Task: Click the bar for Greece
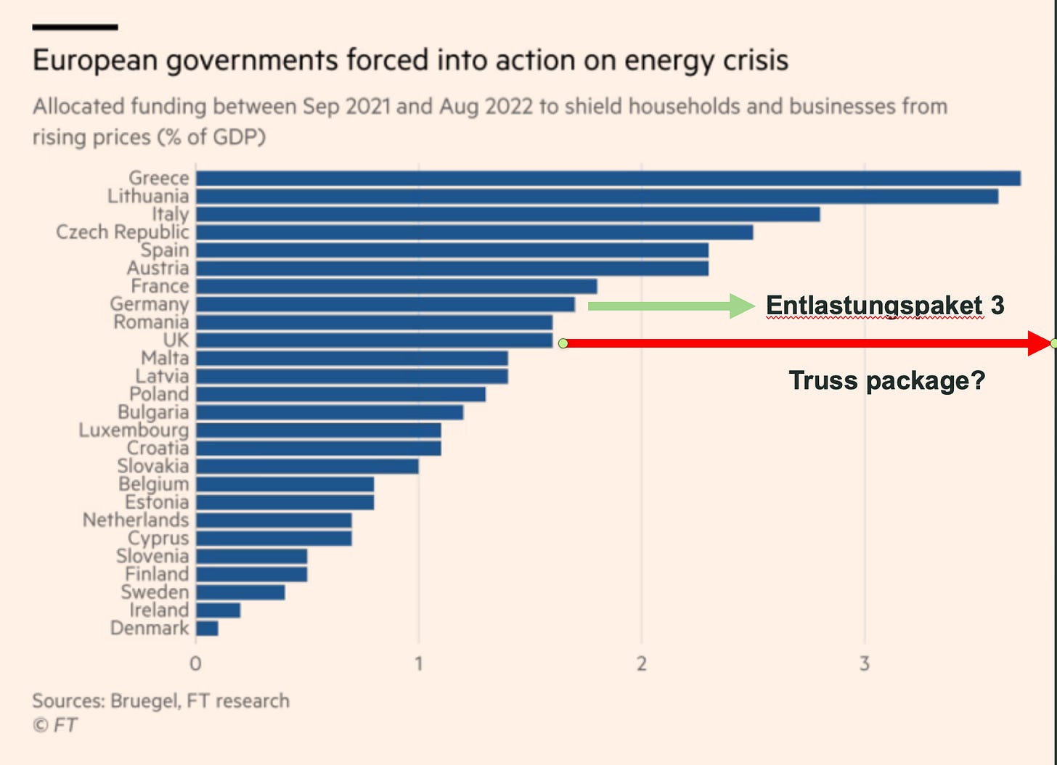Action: pos(608,179)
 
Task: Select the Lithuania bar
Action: pos(597,197)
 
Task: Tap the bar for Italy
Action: pos(507,214)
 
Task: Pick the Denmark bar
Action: pos(207,629)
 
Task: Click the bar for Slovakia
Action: pos(307,466)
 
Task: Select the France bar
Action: pos(396,287)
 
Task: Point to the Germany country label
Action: pos(149,304)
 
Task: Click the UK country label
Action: pos(176,340)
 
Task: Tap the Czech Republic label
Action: pos(122,232)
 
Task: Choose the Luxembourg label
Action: pos(134,430)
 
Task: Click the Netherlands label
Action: pos(135,520)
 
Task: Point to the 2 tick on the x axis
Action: pos(642,663)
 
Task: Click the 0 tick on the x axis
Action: pos(195,663)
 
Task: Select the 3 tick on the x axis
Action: pos(864,663)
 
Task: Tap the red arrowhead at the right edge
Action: pos(1040,343)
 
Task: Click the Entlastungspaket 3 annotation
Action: pos(885,306)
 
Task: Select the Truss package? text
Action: pos(886,380)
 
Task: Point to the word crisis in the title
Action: pos(753,60)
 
